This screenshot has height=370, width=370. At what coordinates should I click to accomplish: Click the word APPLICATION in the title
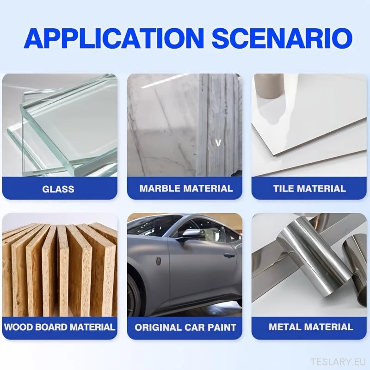[x=114, y=38]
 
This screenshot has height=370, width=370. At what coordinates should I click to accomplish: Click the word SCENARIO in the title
[x=282, y=38]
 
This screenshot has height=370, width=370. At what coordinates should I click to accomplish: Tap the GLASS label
[x=58, y=189]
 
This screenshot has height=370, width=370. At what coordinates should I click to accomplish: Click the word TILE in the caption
[x=283, y=189]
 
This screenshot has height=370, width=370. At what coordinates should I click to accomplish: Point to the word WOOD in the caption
[x=19, y=327]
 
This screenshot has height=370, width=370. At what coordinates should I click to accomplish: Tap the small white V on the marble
[x=218, y=143]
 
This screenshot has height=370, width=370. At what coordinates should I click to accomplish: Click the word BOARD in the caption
[x=51, y=327]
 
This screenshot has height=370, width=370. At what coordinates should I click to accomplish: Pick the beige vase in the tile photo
[x=269, y=86]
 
